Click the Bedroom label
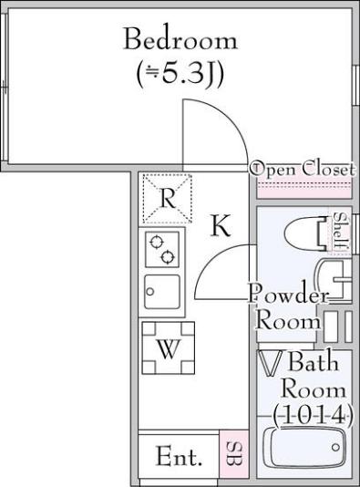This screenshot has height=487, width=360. tap(180, 39)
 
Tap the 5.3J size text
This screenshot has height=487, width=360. tap(180, 75)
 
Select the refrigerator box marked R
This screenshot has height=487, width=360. tap(168, 199)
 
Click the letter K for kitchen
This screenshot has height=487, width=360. tap(221, 226)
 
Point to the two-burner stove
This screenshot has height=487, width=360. tap(162, 249)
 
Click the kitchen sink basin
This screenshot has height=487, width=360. tap(162, 292)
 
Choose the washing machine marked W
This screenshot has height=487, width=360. tap(169, 347)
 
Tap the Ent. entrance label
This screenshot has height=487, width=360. tap(179, 457)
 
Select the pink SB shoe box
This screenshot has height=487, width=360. tap(234, 455)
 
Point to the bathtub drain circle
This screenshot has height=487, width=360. tap(335, 447)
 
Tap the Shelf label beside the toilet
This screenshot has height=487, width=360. tap(340, 232)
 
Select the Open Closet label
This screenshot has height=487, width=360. tap(302, 169)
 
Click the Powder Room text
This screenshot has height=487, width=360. tap(288, 310)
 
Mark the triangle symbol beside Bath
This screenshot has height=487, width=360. tap(273, 362)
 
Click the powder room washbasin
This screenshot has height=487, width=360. tap(332, 280)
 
